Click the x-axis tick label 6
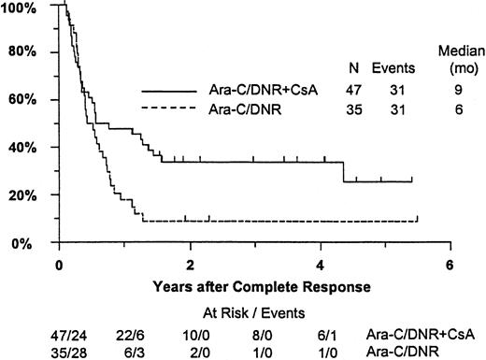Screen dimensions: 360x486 pos(450,264)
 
